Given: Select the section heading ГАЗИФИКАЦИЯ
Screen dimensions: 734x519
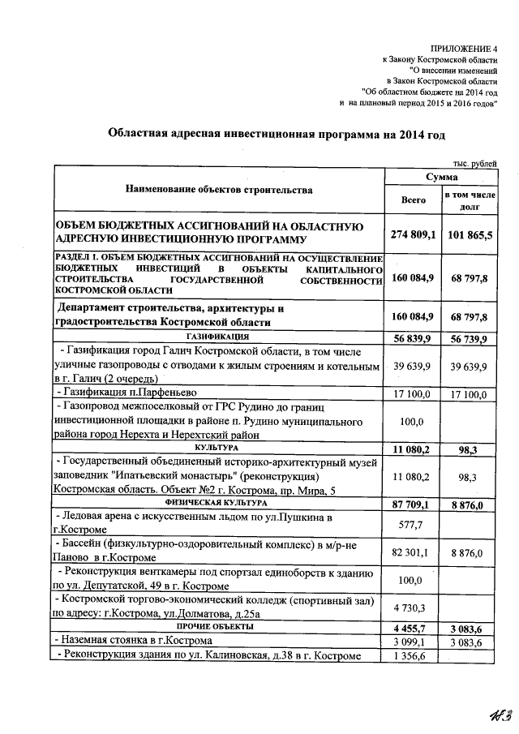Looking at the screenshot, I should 218,335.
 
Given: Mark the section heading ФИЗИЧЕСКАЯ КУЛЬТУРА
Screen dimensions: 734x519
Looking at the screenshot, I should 218,503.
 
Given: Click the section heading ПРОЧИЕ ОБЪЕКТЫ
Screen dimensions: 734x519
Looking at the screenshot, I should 218,627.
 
